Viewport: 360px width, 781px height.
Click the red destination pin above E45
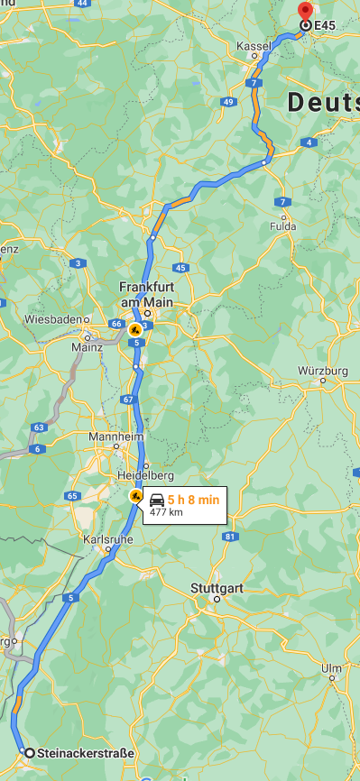pyautogui.click(x=304, y=11)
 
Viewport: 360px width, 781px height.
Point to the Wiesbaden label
pyautogui.click(x=53, y=319)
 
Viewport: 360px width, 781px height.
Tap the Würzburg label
pyautogui.click(x=322, y=371)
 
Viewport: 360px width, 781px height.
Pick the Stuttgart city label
pyautogui.click(x=217, y=588)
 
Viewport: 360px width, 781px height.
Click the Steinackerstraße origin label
pyautogui.click(x=85, y=753)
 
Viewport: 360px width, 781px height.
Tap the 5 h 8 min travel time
pyautogui.click(x=193, y=499)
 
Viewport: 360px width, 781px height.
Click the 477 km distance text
pyautogui.click(x=166, y=512)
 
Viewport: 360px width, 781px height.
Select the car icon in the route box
pyautogui.click(x=157, y=499)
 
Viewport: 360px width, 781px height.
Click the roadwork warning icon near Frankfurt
pyautogui.click(x=135, y=329)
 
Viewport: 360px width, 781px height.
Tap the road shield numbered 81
pyautogui.click(x=231, y=537)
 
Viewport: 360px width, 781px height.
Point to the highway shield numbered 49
pyautogui.click(x=227, y=102)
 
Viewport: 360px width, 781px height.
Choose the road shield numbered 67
pyautogui.click(x=127, y=400)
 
